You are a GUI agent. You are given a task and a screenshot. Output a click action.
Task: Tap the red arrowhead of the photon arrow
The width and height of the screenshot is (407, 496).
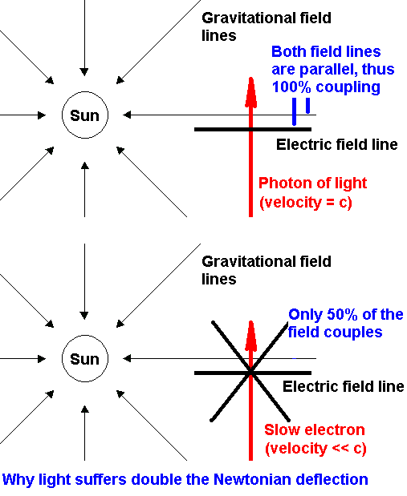(250, 92)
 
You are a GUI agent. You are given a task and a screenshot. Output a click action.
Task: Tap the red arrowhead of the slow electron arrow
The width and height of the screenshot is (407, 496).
(250, 336)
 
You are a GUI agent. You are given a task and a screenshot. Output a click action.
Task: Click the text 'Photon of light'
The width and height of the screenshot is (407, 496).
(312, 183)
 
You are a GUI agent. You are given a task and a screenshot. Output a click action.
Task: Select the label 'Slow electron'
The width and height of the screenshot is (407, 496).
(315, 429)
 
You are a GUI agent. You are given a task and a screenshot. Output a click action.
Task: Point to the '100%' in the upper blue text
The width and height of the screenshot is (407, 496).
(291, 87)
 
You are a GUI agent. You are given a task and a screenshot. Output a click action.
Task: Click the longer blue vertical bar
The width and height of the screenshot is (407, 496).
(294, 111)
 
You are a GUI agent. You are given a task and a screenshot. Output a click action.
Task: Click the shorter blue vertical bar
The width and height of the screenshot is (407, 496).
(307, 105)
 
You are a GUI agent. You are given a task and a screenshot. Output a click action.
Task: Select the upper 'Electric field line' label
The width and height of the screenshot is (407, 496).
(337, 144)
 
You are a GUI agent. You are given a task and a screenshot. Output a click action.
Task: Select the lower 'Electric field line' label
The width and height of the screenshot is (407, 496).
(344, 386)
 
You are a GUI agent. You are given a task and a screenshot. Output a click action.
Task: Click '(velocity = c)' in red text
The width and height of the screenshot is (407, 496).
(306, 202)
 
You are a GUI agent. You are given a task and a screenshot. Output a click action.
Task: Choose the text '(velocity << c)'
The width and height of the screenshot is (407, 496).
(315, 448)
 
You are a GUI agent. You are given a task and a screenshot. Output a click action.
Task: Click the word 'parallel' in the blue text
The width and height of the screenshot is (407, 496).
(328, 70)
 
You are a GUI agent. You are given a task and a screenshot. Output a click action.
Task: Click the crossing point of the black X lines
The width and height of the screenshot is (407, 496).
(250, 371)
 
